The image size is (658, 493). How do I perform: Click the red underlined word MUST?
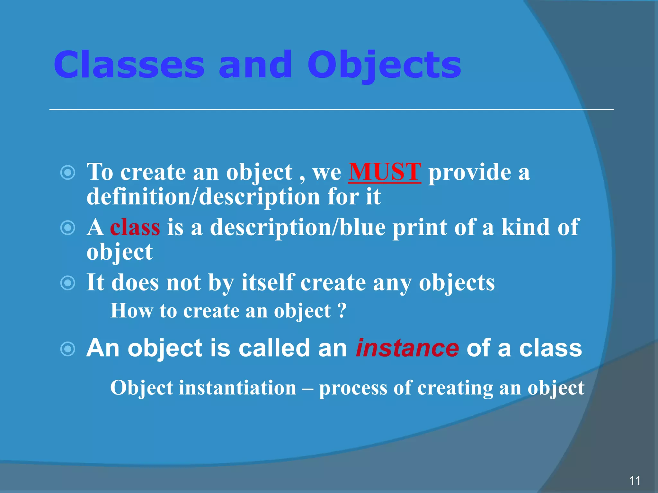tap(385, 172)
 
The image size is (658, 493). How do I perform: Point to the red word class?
tap(135, 228)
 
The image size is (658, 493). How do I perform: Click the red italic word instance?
tap(407, 348)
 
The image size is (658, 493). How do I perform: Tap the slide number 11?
tap(635, 481)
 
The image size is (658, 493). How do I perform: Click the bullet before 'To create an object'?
tap(68, 173)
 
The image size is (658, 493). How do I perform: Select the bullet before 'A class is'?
tap(68, 228)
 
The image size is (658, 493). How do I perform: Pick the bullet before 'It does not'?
tap(68, 283)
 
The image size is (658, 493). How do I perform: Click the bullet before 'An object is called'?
tap(68, 349)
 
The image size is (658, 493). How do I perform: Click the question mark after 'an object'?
tap(342, 310)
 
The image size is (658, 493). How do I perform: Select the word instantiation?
tap(237, 388)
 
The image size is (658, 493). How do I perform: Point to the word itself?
tap(268, 283)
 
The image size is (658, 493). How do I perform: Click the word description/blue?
tap(298, 228)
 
